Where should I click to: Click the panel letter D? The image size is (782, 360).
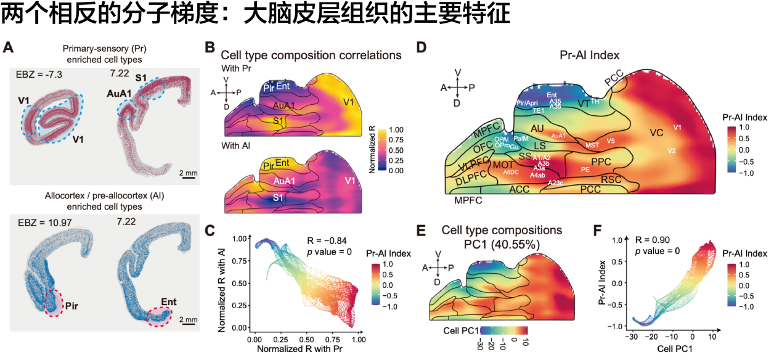[x=422, y=47]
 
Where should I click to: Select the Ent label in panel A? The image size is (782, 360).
[x=169, y=302]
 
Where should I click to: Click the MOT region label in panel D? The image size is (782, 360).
[x=503, y=165]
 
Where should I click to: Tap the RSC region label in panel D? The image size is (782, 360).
[x=611, y=179]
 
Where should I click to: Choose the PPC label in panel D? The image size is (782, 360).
[x=600, y=162]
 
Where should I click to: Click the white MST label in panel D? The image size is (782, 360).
[x=592, y=145]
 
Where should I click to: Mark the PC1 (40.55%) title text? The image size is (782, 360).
[x=502, y=244]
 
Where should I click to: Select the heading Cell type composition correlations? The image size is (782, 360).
[x=311, y=55]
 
